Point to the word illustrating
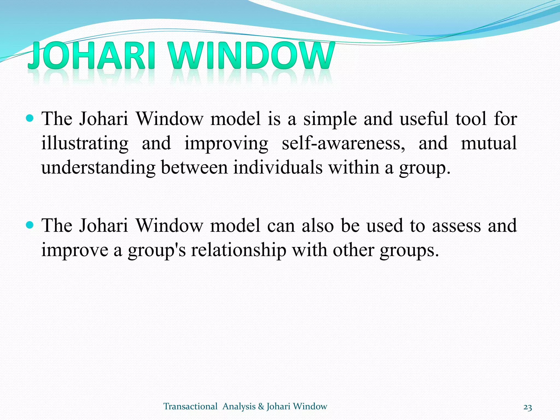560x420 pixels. pos(85,144)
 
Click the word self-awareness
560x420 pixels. pos(343,143)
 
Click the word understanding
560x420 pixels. pos(98,168)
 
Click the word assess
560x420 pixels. pos(456,226)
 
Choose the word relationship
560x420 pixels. pos(238,250)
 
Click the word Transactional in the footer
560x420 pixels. pos(190,406)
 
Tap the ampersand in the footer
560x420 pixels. pos(261,407)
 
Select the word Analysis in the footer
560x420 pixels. pos(239,407)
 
